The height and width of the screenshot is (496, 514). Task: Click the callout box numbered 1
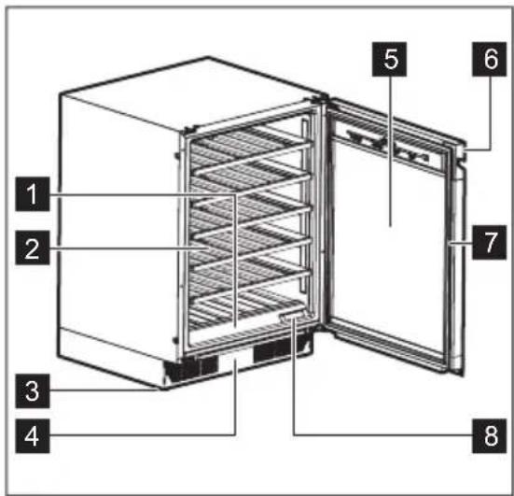click(x=34, y=195)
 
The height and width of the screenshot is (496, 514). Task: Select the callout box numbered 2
click(x=34, y=248)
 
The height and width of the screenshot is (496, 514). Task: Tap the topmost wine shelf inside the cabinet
click(x=247, y=145)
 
